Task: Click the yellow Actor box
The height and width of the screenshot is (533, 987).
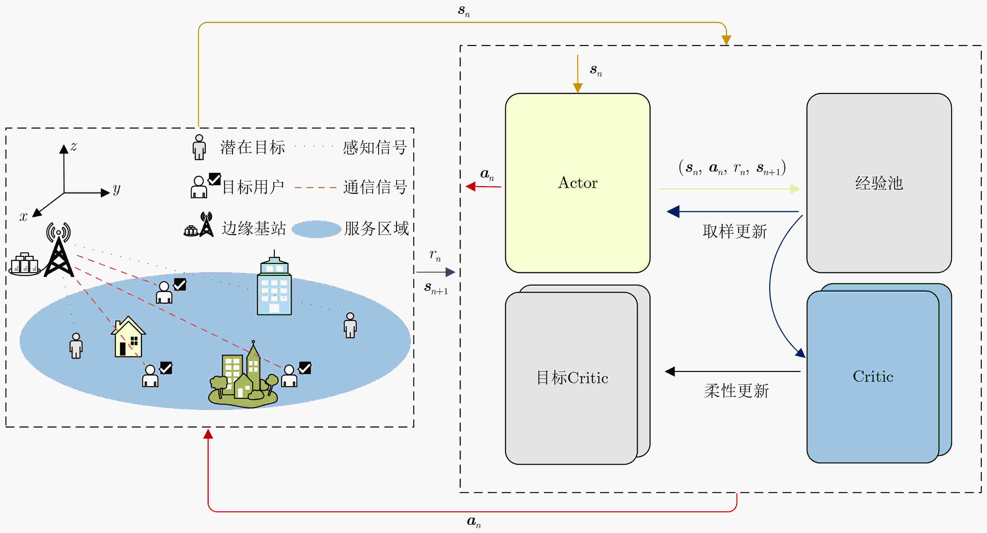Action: tap(577, 183)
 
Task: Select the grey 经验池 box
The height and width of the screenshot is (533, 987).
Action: tap(879, 183)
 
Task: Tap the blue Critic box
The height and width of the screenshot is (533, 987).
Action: tap(873, 377)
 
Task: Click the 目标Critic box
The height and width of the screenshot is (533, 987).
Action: tap(572, 378)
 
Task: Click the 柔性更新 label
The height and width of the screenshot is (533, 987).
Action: tap(736, 391)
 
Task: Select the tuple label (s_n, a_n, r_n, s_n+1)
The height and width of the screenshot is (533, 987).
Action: tap(732, 168)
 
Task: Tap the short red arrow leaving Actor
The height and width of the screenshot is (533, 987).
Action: tap(483, 186)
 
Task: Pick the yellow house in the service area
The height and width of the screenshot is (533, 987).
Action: tap(128, 337)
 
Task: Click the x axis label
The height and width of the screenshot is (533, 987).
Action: tap(23, 217)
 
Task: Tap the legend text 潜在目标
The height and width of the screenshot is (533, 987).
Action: tap(252, 147)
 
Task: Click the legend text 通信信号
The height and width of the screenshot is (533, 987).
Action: tap(375, 187)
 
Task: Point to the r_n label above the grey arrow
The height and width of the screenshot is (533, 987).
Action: tap(435, 255)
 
